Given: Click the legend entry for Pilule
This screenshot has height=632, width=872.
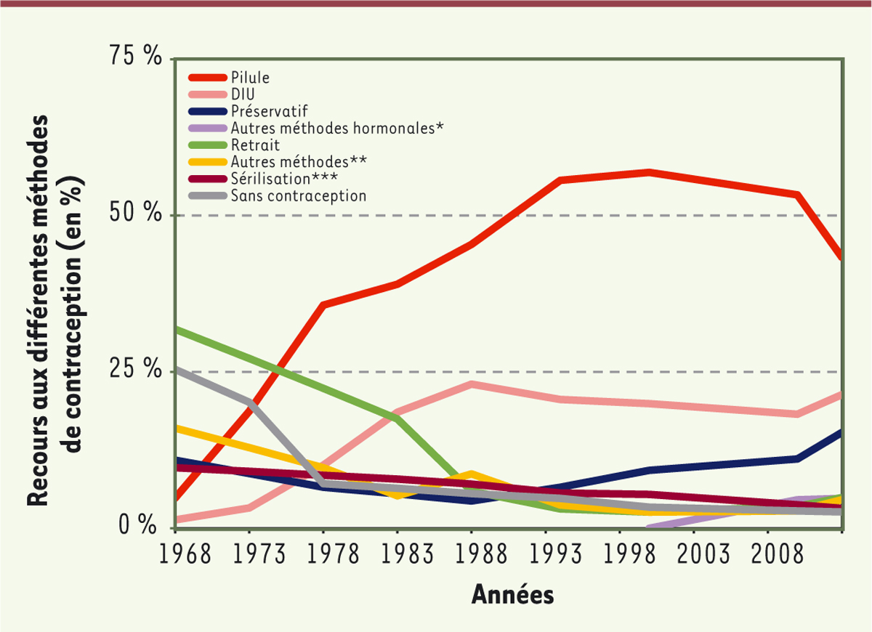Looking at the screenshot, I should click(x=250, y=77).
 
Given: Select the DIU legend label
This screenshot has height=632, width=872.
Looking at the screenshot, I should click(x=243, y=94).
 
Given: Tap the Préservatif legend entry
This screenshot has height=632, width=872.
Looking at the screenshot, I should click(x=270, y=111).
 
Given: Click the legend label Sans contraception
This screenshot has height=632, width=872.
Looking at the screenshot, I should click(x=298, y=195).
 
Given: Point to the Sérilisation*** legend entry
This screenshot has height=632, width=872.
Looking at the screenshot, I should click(x=284, y=178).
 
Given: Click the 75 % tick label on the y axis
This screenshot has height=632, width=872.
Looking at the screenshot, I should click(x=134, y=57).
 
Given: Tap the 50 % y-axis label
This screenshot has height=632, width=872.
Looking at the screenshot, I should click(x=134, y=214).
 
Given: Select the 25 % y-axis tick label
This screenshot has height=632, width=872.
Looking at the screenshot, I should click(x=134, y=370).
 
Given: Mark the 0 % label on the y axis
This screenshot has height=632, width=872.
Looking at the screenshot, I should click(x=141, y=524).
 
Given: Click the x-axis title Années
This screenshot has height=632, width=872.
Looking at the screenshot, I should click(x=513, y=595).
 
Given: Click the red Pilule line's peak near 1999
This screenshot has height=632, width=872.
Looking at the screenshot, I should click(x=649, y=172).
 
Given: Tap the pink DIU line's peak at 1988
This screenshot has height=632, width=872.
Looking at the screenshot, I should click(x=472, y=384).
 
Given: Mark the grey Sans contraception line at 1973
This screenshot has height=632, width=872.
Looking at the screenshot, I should click(x=250, y=402).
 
